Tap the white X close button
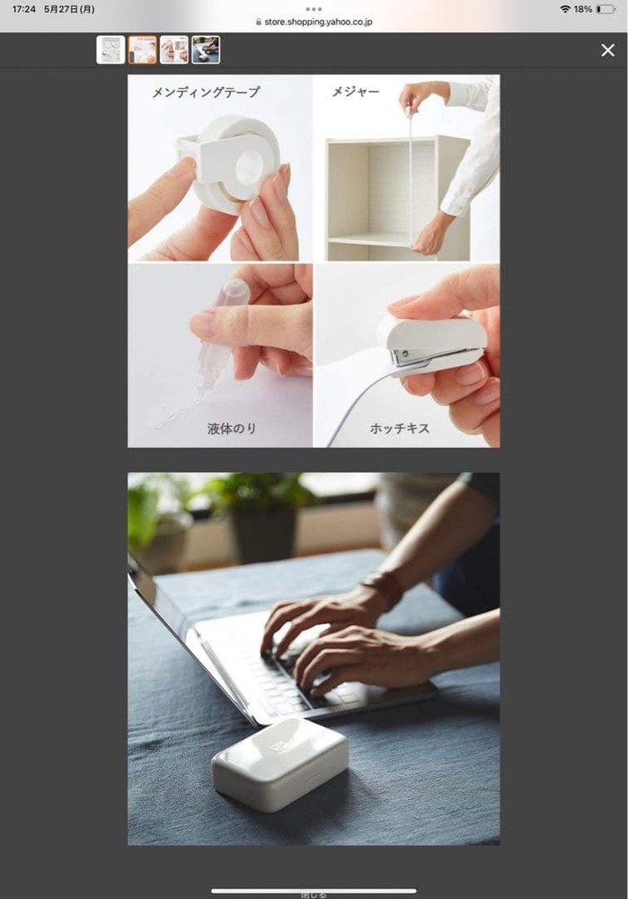(608, 50)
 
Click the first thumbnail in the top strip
(111, 49)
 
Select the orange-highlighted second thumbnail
(142, 49)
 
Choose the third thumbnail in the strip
(174, 49)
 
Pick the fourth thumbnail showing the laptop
(206, 49)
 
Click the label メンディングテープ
(206, 92)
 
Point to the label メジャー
(356, 91)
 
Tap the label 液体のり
(232, 428)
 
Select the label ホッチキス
(400, 428)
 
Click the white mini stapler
(436, 347)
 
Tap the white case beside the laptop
(280, 764)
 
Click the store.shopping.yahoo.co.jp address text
(319, 22)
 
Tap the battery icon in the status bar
(606, 9)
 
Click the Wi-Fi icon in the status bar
(565, 9)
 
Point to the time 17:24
(24, 9)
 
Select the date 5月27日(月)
(69, 9)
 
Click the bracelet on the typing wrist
(384, 591)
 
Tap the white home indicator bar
(314, 890)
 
